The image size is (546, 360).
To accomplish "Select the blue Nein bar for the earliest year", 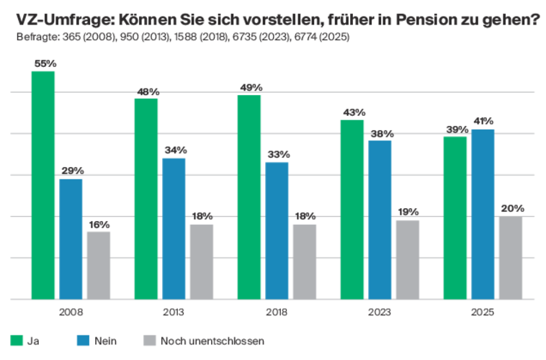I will pos(71,238).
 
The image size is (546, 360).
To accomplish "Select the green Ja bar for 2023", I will pos(352,209).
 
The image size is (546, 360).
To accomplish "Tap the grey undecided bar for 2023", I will pos(408,258).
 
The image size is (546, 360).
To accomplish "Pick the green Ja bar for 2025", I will pos(455,216).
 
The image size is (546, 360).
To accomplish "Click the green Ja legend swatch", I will pos(16,341).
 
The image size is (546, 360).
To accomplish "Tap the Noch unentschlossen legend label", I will pos(212,341).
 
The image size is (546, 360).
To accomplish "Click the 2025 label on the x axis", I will pos(483,312).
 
